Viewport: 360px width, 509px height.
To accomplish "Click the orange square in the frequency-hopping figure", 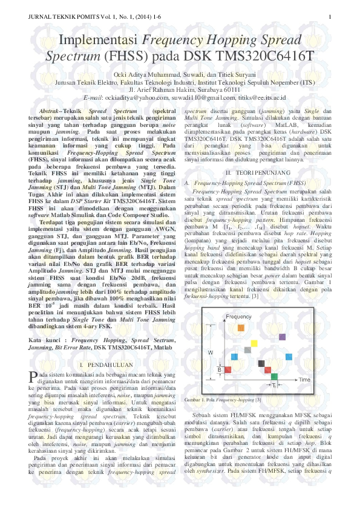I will tap(241, 327).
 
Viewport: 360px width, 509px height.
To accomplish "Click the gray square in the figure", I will tap(247, 349).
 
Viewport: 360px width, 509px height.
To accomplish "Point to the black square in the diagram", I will tap(261, 363).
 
